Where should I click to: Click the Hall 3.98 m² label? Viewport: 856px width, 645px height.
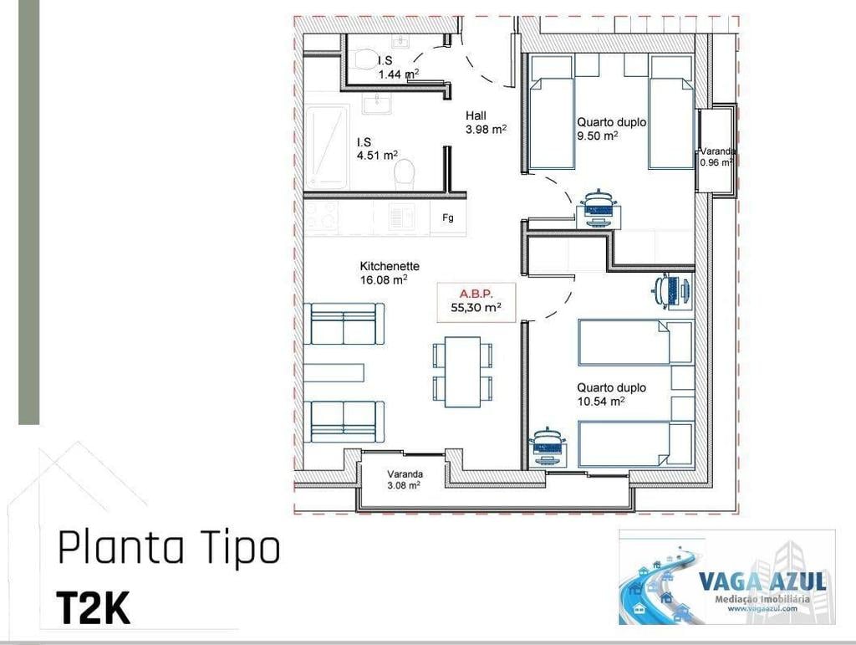pos(486,122)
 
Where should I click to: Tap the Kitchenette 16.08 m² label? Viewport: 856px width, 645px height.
pos(390,273)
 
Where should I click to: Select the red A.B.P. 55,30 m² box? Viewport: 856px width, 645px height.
pos(476,300)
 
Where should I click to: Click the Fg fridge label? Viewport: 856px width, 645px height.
pos(448,218)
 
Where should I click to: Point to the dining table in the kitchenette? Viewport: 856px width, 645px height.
pos(462,371)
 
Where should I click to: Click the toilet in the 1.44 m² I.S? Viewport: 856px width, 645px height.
pos(364,60)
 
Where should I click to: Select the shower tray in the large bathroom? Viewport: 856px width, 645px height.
pos(326,146)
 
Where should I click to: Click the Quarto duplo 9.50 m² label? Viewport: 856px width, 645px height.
pos(611,128)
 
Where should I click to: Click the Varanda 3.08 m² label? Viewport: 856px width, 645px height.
pos(404,479)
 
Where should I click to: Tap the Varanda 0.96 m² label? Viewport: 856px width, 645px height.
pos(718,156)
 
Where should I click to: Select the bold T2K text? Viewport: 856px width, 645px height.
pos(93,608)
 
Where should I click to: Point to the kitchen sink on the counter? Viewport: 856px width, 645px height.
pos(402,218)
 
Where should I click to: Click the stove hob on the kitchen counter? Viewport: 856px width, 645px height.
pos(321,217)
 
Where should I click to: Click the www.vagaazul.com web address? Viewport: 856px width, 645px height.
pos(761,608)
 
